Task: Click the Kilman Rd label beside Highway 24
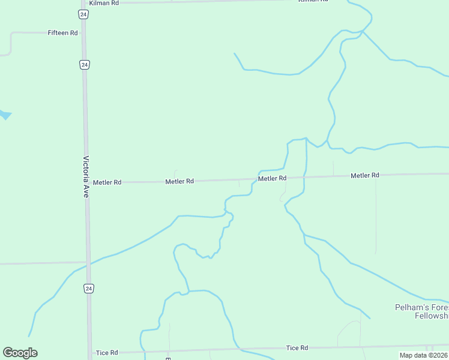click(106, 3)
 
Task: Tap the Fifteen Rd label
click(63, 33)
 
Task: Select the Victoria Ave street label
click(86, 177)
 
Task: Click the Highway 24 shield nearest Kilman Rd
click(83, 13)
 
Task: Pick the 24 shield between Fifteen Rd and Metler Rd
click(84, 64)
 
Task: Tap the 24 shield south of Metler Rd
click(89, 289)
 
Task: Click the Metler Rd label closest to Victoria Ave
click(107, 182)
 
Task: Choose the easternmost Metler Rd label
click(365, 175)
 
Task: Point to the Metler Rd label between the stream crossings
click(272, 178)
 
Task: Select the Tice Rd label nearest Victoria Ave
click(106, 353)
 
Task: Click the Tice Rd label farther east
click(297, 348)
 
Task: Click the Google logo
click(20, 353)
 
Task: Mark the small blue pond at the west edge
click(5, 113)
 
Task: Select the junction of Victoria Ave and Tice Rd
click(91, 353)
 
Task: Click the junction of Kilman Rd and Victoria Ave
click(82, 3)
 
